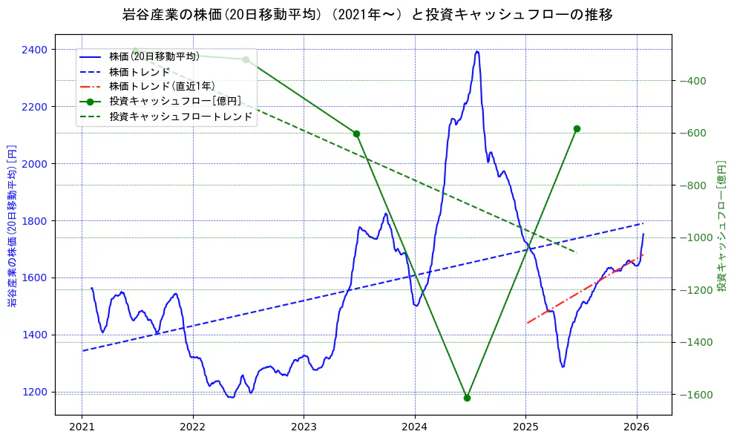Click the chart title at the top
tap(367, 14)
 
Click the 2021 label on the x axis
tap(82, 427)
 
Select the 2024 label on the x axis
tap(414, 427)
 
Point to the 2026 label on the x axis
tap(637, 427)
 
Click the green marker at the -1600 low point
tap(467, 398)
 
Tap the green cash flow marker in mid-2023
tap(356, 134)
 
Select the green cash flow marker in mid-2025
tap(577, 128)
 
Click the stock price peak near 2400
tap(476, 52)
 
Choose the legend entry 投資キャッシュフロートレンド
tap(180, 116)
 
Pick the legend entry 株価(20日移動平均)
tap(154, 56)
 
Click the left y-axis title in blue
tap(11, 225)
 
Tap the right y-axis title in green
tap(721, 225)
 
